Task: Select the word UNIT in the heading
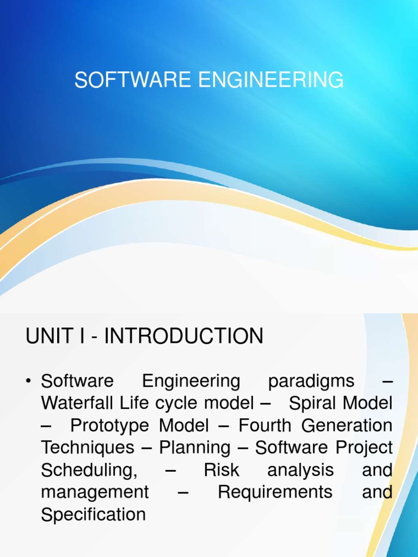(45, 336)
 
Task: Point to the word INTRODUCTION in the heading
(183, 336)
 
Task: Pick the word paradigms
(311, 382)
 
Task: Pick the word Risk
(222, 470)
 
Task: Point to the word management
(95, 492)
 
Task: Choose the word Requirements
(275, 492)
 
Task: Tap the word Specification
(93, 515)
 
